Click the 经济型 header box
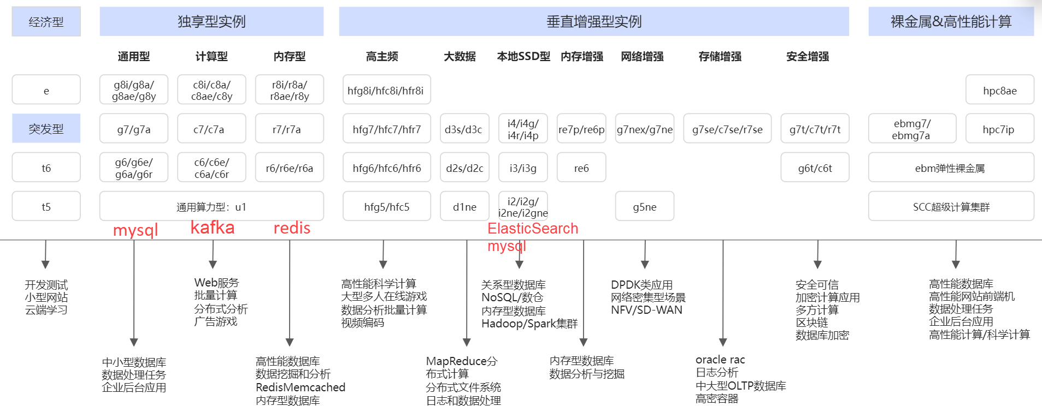(46, 22)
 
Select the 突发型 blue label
(46, 129)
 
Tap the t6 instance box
(46, 168)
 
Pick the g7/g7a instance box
(134, 129)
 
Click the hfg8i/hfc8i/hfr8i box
(386, 90)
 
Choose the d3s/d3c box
(464, 129)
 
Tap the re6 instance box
(581, 168)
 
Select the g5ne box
(645, 206)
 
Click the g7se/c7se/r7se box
(727, 129)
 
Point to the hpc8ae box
(999, 90)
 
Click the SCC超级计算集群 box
(951, 206)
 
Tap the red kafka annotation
(213, 227)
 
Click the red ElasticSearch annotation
(533, 228)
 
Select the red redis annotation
(292, 228)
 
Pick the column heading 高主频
(382, 56)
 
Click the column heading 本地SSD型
(523, 56)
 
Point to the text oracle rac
(720, 360)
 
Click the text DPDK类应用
(641, 285)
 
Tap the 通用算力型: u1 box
(211, 206)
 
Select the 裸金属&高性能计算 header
(951, 22)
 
